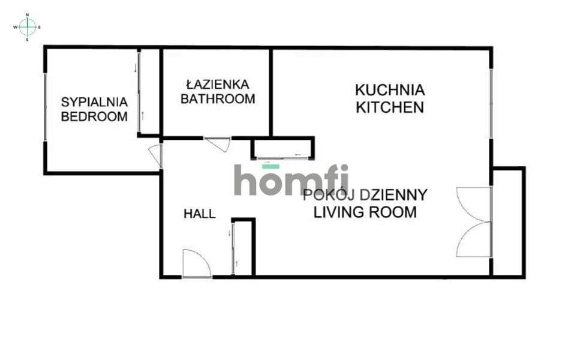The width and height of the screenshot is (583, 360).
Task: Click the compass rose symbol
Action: (x=27, y=27)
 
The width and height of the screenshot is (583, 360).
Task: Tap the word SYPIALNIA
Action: (x=94, y=102)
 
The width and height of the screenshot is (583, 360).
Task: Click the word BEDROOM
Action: (x=94, y=116)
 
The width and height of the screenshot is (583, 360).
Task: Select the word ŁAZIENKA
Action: (x=218, y=85)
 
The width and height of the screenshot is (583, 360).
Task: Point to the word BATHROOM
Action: (x=218, y=99)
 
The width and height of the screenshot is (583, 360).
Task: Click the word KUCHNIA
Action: (x=390, y=90)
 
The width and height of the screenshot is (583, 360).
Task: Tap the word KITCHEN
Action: (x=390, y=107)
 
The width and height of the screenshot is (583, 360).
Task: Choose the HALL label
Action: (x=200, y=214)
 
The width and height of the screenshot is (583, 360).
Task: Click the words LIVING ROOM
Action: (x=365, y=212)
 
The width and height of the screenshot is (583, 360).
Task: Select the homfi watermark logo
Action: (x=291, y=179)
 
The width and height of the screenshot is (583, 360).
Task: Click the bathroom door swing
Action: (x=218, y=144)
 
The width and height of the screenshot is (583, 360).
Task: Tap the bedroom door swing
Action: (x=156, y=155)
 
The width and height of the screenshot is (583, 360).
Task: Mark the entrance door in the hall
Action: (x=197, y=263)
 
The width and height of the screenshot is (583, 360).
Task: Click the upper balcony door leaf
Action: (x=474, y=205)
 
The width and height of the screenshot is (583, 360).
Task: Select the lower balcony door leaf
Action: (x=474, y=239)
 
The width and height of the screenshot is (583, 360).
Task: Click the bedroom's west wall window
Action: (x=46, y=107)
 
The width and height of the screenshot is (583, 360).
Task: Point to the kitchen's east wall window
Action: (x=491, y=104)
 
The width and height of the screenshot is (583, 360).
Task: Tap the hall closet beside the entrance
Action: (x=243, y=247)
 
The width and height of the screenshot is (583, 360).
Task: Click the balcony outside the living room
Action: (x=508, y=223)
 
